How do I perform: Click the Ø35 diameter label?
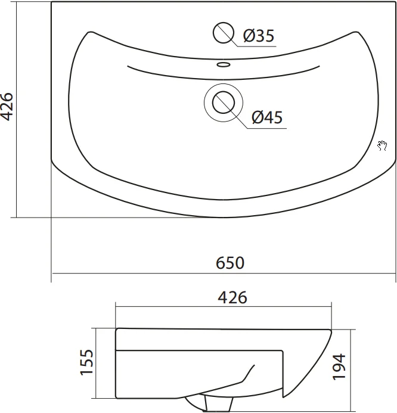[x=259, y=36]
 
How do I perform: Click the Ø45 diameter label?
[x=267, y=117]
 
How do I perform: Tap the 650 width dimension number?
[x=230, y=263]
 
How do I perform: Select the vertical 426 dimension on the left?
[x=7, y=107]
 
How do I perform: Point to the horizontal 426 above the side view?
[x=232, y=297]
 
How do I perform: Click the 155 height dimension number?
[x=86, y=362]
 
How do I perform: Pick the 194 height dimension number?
[x=339, y=367]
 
